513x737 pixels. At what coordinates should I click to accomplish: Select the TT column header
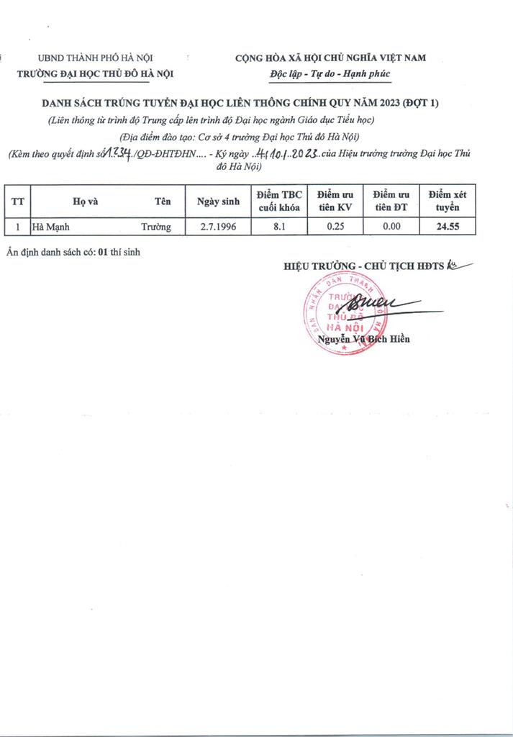(17, 202)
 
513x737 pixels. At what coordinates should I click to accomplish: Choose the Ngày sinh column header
(218, 202)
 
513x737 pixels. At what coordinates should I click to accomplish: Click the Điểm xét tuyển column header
(444, 202)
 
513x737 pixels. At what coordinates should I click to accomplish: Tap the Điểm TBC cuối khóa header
(278, 202)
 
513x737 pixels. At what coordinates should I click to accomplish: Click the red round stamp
(342, 315)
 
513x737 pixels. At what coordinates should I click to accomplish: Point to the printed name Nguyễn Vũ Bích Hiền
(368, 340)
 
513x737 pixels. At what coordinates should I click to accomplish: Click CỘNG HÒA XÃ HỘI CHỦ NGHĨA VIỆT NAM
(335, 58)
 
